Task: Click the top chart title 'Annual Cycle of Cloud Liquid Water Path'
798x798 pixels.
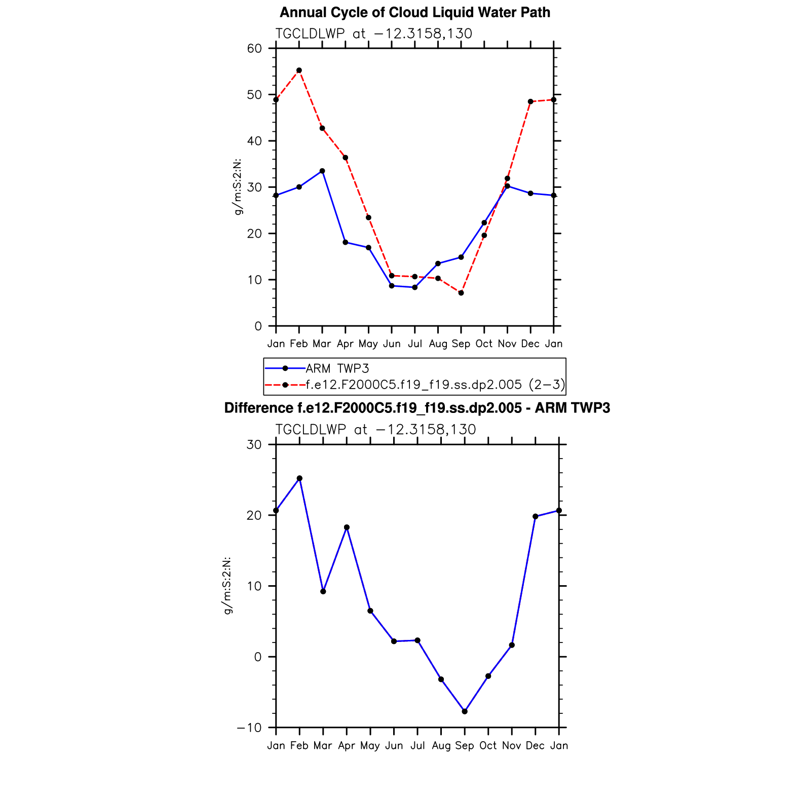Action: [x=414, y=13]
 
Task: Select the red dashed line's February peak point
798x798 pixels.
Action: [x=299, y=70]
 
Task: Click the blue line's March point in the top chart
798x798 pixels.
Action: [x=322, y=171]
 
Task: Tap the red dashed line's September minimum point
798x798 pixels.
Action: [x=461, y=293]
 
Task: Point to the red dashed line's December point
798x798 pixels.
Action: [x=530, y=102]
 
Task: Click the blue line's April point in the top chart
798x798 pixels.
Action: [x=346, y=242]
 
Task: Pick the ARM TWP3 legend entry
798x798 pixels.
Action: [x=337, y=368]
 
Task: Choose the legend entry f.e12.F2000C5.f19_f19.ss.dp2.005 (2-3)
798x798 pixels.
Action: [x=435, y=385]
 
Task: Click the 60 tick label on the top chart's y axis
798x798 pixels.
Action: [x=255, y=49]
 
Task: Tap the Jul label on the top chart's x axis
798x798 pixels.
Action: [x=415, y=344]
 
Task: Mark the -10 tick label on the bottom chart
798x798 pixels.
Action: [x=249, y=728]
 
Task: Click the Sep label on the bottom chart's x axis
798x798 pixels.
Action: [x=465, y=746]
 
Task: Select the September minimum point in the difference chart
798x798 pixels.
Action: [x=465, y=711]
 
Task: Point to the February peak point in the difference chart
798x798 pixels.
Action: [x=299, y=478]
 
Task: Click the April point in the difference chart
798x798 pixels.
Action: [x=347, y=527]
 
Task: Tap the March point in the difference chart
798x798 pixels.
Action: [x=323, y=591]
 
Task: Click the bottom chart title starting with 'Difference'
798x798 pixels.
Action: [x=416, y=408]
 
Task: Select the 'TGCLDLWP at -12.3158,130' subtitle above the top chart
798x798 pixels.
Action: [x=373, y=34]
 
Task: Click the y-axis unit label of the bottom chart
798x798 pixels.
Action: [x=229, y=586]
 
